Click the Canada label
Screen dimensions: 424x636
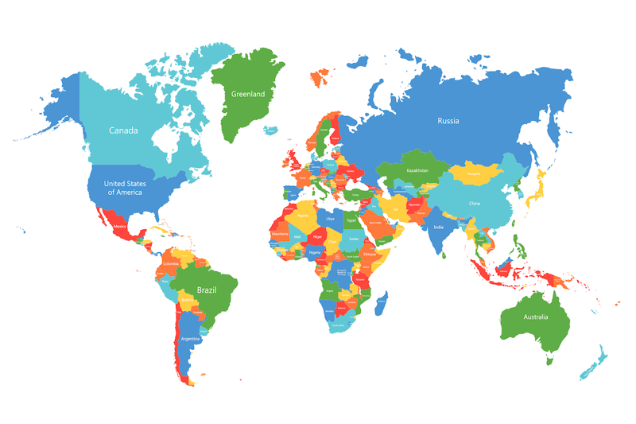pyautogui.click(x=123, y=130)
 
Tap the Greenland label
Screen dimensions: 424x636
pyautogui.click(x=247, y=94)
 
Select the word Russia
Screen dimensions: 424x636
pyautogui.click(x=448, y=121)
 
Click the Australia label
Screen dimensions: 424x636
pyautogui.click(x=535, y=317)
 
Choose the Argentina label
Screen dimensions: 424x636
pyautogui.click(x=190, y=339)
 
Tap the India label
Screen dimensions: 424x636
pyautogui.click(x=438, y=228)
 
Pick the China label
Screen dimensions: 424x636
pyautogui.click(x=475, y=203)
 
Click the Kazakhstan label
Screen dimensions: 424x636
pyautogui.click(x=417, y=170)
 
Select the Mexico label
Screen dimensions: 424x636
pyautogui.click(x=120, y=227)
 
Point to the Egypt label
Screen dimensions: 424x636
pyautogui.click(x=351, y=220)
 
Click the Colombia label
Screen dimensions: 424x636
pyautogui.click(x=170, y=263)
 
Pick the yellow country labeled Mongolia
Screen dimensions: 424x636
pyautogui.click(x=474, y=173)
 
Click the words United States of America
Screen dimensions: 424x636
pyautogui.click(x=124, y=188)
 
